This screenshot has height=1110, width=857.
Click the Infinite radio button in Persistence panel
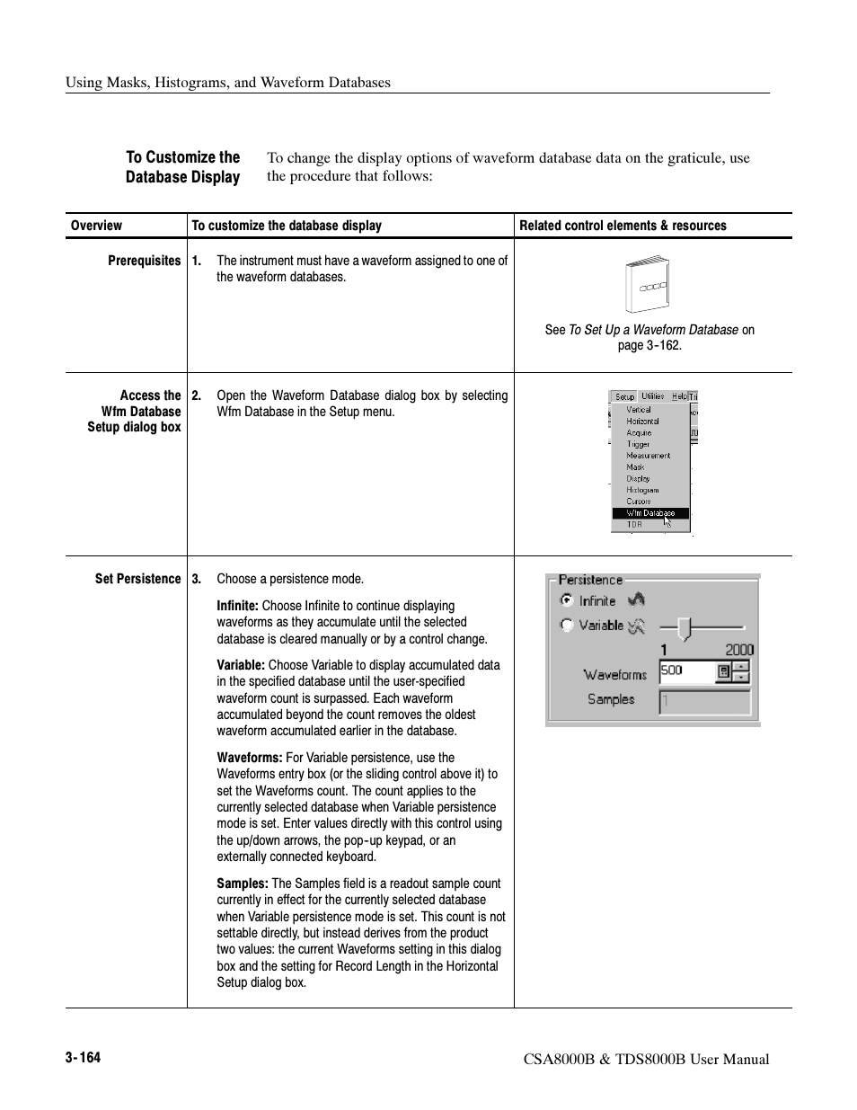(567, 600)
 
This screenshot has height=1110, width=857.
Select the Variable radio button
(567, 626)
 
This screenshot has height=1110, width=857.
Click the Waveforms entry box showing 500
(686, 670)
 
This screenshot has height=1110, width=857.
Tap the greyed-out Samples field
(704, 701)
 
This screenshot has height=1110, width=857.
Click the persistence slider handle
(685, 627)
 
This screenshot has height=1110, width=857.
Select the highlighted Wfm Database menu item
(650, 513)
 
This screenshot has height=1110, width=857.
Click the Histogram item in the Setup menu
(642, 490)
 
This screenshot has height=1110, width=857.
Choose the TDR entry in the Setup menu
(634, 524)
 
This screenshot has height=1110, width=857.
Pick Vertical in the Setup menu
(639, 409)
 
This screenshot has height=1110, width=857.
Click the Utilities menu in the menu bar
(653, 396)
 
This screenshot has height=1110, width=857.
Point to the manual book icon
(647, 286)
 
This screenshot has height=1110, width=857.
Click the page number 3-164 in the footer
(83, 1058)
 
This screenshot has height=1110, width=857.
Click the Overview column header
(96, 226)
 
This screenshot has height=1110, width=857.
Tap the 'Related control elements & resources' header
(623, 226)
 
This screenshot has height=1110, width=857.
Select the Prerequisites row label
(144, 261)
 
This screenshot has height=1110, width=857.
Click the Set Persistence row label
(137, 579)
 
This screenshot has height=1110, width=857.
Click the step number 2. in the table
(197, 395)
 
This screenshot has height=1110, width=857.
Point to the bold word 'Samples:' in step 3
(243, 884)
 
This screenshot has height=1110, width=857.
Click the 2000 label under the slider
(739, 650)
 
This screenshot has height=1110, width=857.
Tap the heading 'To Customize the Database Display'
(182, 167)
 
